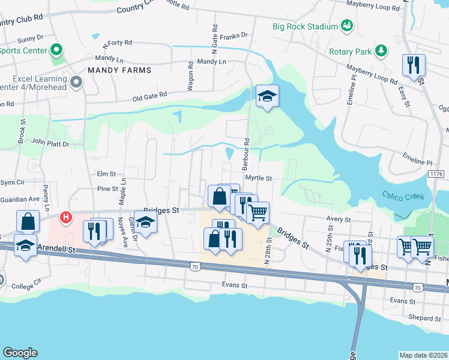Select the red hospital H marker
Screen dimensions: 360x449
[x=67, y=216]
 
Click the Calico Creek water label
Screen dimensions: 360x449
[x=403, y=197]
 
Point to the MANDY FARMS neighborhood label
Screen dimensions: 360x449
[x=119, y=70]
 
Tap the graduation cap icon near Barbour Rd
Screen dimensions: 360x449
[x=267, y=96]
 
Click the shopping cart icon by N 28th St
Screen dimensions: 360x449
[x=258, y=212]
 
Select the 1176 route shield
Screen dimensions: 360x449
[x=436, y=173]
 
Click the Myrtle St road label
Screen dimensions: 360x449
[x=259, y=178]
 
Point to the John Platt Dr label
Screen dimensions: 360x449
[x=50, y=143]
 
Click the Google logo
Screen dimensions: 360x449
[x=20, y=353]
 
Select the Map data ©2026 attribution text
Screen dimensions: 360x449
[x=423, y=355]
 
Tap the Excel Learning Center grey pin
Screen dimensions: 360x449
[x=76, y=83]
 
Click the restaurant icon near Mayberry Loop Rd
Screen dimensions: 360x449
[x=413, y=65]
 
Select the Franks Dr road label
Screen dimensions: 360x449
[x=234, y=36]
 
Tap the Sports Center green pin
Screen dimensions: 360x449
[x=58, y=50]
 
